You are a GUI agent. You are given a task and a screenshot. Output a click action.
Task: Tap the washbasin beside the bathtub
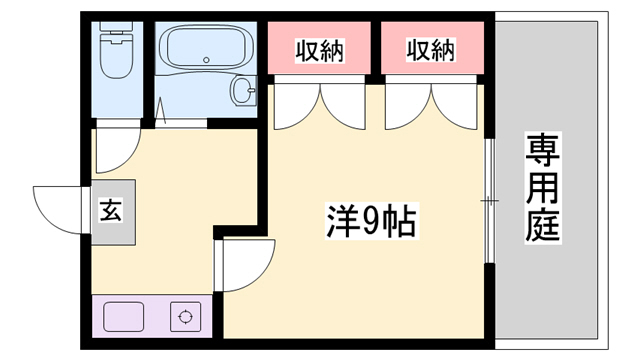coord(244,91)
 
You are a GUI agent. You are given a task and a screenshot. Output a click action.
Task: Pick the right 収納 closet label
coord(431,49)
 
